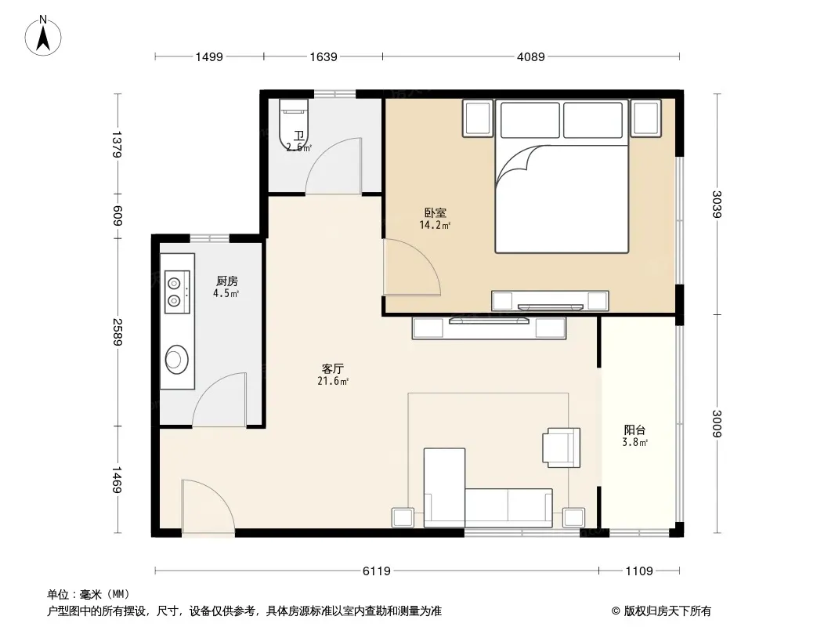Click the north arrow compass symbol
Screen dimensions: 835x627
click(43, 36)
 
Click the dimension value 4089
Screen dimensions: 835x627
click(530, 56)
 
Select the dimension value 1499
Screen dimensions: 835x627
click(208, 56)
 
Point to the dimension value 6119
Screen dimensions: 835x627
click(377, 571)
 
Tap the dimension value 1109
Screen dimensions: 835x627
click(638, 571)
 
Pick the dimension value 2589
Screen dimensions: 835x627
click(117, 332)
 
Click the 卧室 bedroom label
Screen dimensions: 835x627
click(435, 213)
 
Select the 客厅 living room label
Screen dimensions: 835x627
click(332, 368)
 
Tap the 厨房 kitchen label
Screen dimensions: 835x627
click(227, 281)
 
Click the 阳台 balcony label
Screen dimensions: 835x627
click(634, 430)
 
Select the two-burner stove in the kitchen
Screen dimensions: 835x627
click(177, 292)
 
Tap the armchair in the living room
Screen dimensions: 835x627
click(562, 448)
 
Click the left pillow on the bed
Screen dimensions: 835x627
click(530, 120)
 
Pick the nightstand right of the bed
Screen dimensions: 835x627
click(645, 118)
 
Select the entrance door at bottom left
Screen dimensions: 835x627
click(208, 507)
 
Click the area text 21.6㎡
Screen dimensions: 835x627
click(333, 382)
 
